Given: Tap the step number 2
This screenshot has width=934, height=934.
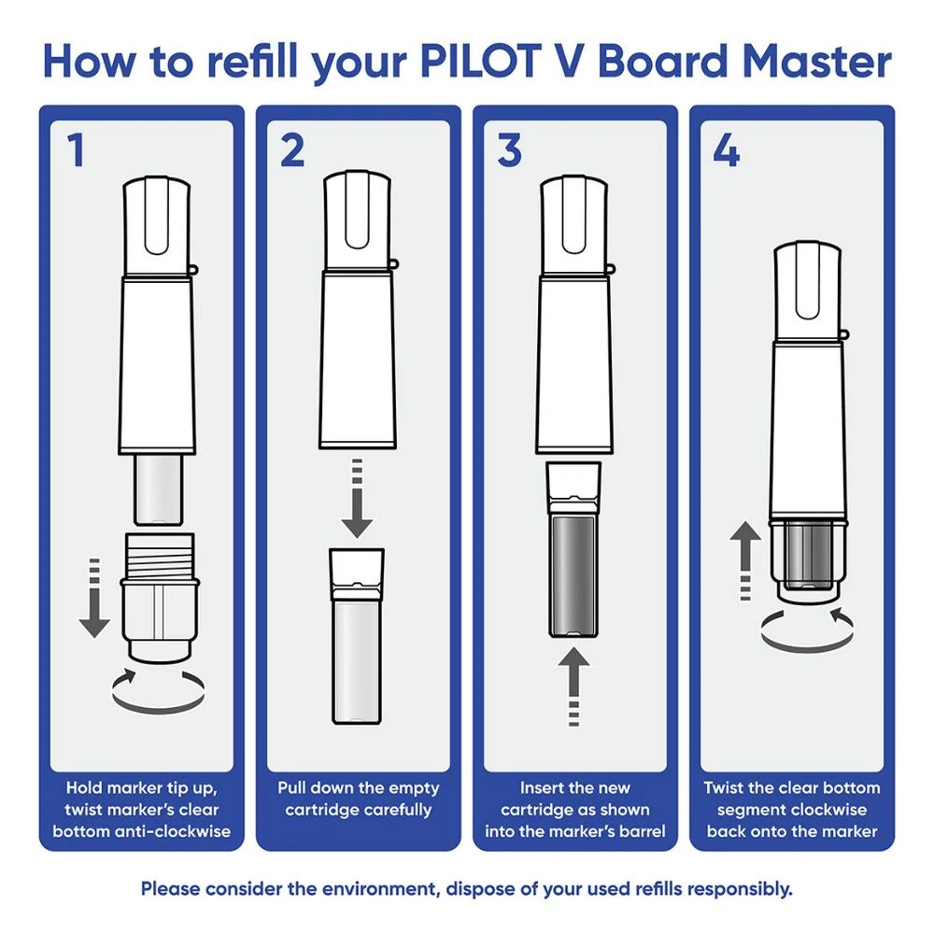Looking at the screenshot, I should click(x=291, y=149).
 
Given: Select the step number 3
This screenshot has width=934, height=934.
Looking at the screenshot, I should click(x=509, y=149).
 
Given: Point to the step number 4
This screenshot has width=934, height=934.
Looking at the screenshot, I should click(x=726, y=149).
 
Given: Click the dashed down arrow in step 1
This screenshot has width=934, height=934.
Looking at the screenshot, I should click(x=93, y=598).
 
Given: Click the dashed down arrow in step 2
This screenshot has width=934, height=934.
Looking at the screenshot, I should click(x=355, y=500).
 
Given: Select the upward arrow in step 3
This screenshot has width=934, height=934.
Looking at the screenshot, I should click(x=573, y=686).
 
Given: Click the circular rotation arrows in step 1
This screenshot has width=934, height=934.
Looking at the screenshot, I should click(x=159, y=688).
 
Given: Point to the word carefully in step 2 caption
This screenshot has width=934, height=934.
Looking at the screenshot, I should click(x=392, y=810).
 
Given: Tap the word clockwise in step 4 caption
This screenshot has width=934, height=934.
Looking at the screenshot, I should click(x=828, y=810).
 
